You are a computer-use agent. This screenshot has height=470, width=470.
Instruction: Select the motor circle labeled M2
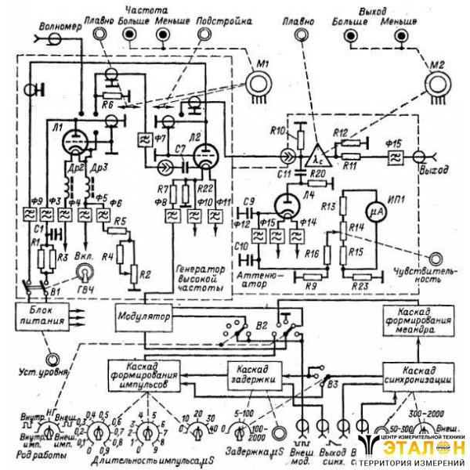(437, 82)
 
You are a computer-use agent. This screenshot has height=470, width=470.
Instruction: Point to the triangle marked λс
(318, 150)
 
